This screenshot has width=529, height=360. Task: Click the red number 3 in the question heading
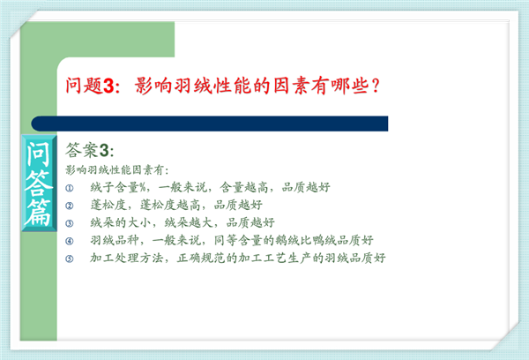coord(108,86)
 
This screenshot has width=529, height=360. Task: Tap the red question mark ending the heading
coord(375,86)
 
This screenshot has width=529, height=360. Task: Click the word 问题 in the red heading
coord(84,86)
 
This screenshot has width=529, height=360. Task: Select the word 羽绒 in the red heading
coord(192,86)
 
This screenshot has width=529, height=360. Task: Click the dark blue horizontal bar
coord(210,124)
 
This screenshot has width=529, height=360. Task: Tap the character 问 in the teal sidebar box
coord(39,154)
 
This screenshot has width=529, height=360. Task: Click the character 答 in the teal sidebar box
coord(39,183)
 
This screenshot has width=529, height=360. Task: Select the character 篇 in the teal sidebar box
coord(39,213)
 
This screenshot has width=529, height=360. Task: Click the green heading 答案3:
coord(89,150)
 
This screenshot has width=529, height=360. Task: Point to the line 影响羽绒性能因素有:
coord(116,170)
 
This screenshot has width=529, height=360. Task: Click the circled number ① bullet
coord(69,188)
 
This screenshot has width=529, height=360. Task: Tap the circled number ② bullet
coord(69,206)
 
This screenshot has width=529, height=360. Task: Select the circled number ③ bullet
coord(69,223)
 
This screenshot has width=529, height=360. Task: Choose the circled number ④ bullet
coord(69,241)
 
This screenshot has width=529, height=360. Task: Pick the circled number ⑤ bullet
coord(69,259)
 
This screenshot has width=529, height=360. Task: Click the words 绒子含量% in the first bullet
coord(118,187)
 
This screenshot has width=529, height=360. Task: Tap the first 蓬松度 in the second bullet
coord(108,205)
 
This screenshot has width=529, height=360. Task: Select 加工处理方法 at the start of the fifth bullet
coord(126,258)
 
